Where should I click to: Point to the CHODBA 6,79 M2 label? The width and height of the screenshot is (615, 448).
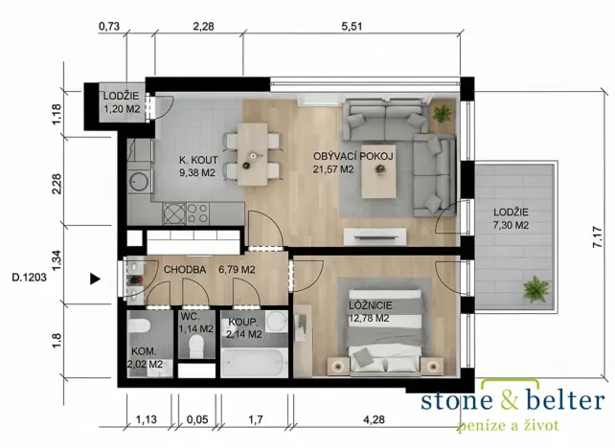tap(209, 270)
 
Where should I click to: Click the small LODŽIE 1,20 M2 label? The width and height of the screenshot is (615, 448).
tap(122, 102)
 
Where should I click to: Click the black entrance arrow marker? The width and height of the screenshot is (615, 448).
tap(94, 280)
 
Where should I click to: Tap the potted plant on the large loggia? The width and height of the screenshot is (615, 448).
tap(533, 287)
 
